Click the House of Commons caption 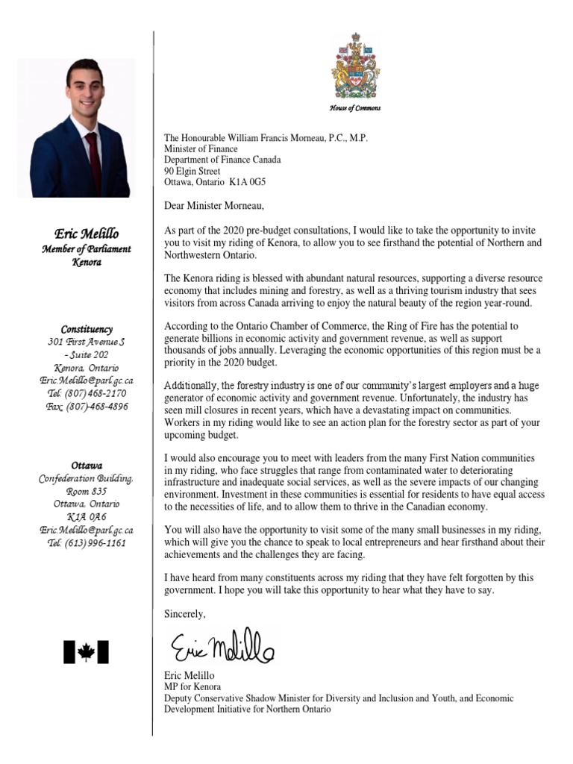click(x=355, y=109)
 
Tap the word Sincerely click(x=184, y=613)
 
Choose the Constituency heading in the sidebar click(x=87, y=329)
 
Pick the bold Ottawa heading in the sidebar click(x=87, y=465)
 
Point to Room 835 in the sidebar click(x=87, y=492)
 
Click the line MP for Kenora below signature click(x=192, y=686)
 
